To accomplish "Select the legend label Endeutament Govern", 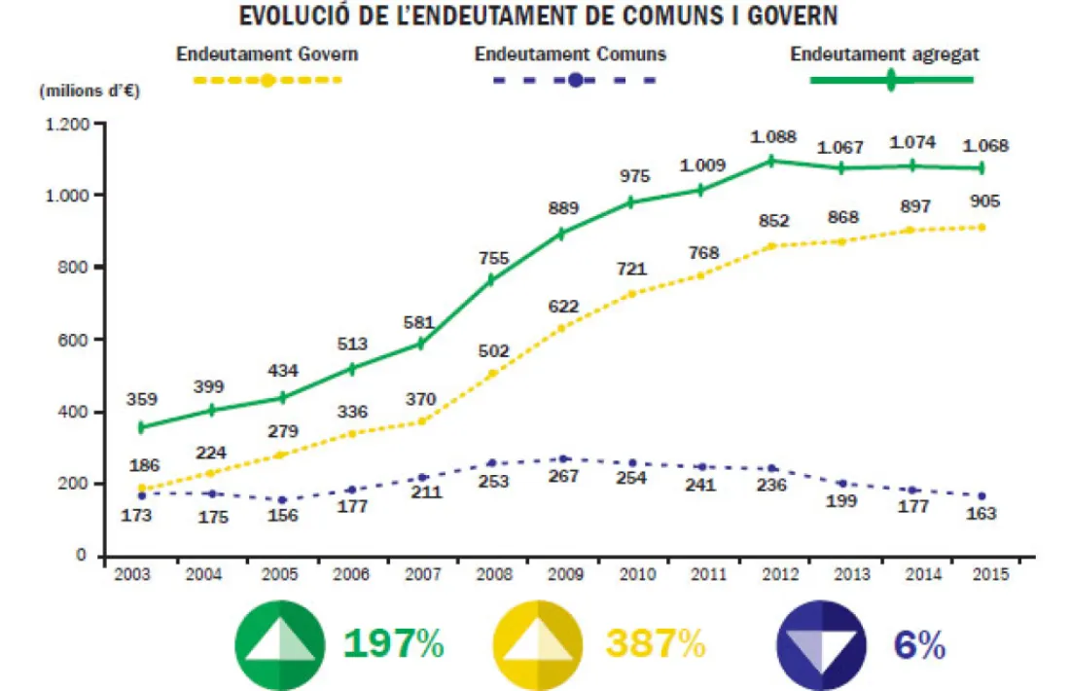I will tap(267, 54).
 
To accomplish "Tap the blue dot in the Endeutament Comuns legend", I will tap(575, 80).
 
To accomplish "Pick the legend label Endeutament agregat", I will tap(884, 54).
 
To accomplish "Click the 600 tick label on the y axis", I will tap(73, 340).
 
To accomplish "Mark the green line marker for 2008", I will tap(492, 280).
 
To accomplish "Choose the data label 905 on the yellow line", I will tap(981, 202).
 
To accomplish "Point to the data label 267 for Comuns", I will tap(564, 477).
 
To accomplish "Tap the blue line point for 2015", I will tap(981, 496).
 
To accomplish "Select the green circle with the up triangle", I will tap(279, 645).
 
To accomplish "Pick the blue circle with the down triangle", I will tap(822, 645).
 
